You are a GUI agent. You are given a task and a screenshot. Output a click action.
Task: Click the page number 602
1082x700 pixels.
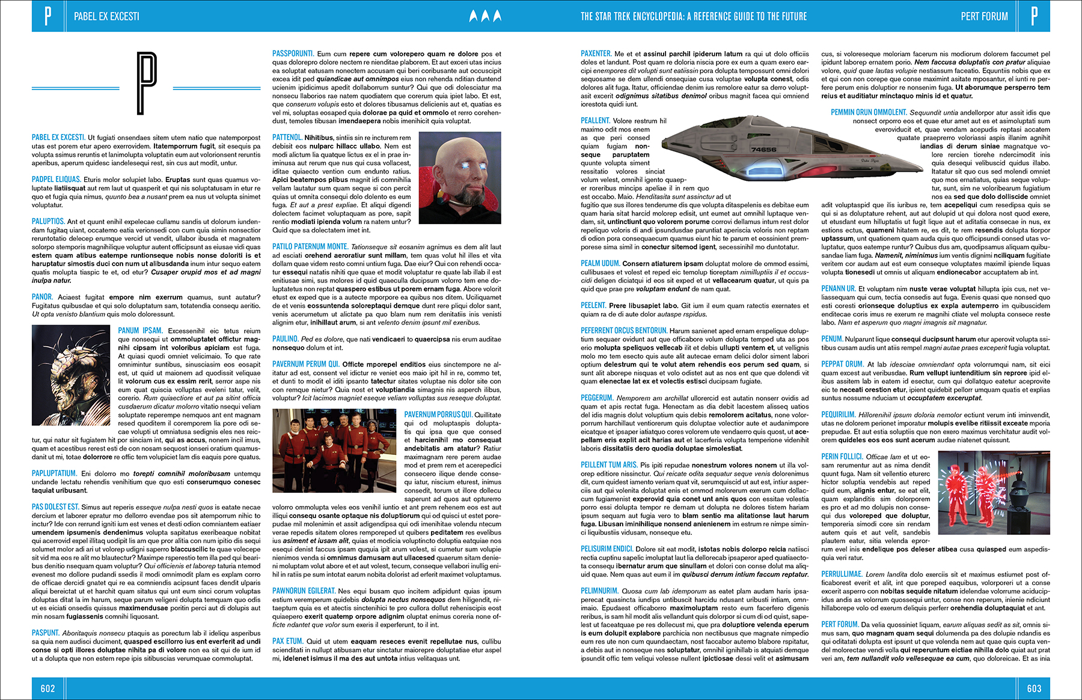[47, 689]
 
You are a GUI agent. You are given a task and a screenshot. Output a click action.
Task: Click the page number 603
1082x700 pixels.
[1034, 689]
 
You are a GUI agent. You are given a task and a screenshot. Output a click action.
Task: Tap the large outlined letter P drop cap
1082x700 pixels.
[146, 82]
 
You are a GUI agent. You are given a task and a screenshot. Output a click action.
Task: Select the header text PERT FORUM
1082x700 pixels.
[984, 16]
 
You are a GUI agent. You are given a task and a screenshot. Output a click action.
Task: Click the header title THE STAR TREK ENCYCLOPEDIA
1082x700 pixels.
[693, 16]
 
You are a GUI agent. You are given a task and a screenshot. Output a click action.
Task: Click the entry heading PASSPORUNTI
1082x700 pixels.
[293, 53]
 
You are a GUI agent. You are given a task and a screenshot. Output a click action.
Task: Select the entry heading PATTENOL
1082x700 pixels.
[287, 138]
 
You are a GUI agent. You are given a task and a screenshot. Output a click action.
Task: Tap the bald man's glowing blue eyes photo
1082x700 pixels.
[459, 177]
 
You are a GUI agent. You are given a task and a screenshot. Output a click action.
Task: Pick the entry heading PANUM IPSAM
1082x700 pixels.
[140, 330]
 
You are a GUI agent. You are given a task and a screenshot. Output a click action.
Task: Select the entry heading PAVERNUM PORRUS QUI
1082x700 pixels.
[438, 415]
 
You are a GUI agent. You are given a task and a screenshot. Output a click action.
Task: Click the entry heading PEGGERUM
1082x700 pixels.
[597, 398]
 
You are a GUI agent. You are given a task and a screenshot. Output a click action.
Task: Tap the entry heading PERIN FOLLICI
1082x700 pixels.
[842, 457]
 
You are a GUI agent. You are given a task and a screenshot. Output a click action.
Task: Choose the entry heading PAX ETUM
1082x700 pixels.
[287, 641]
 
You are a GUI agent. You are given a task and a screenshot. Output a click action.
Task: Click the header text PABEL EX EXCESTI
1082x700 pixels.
[106, 16]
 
